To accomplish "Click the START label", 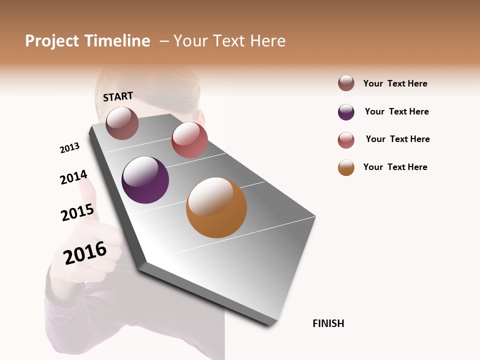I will pos(118,96).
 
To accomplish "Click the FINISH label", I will pos(328,323).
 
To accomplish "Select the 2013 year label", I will pos(69,148).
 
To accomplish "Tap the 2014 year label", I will pos(73,177).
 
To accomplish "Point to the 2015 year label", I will pos(77,212).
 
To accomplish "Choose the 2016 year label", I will pos(85,253).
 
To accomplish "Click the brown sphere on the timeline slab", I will pos(122,123).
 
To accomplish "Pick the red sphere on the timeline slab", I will pos(189,139).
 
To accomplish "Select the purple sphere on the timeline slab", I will pos(145,180).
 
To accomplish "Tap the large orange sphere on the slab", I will pos(216,207).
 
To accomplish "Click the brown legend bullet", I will pos(346,83).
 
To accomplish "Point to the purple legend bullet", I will pos(346,112).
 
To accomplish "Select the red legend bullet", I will pos(346,140).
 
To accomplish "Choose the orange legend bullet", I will pos(346,167).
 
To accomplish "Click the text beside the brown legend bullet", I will pos(395,84).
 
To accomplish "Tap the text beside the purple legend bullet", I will pos(396,111).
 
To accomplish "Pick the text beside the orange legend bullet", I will pos(395,167).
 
